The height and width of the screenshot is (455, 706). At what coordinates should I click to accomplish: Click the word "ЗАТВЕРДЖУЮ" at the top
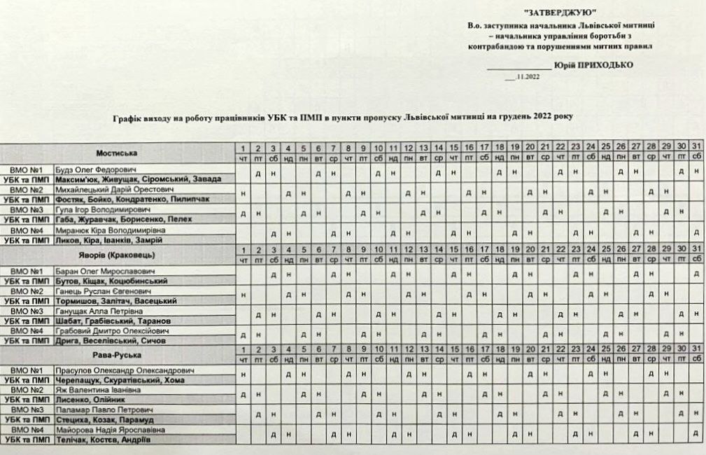[560, 13]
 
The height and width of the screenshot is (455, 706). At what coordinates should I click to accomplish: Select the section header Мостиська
[116, 153]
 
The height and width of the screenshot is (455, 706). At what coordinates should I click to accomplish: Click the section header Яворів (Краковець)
[116, 254]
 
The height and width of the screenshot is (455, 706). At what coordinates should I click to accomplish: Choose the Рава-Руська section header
[116, 354]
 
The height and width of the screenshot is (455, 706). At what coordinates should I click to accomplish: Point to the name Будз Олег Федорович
[92, 169]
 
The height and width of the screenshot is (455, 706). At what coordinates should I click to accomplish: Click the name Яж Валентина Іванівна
[91, 390]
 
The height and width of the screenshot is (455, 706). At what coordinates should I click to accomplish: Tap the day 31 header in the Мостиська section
[696, 148]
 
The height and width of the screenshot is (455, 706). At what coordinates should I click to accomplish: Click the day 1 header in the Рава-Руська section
[243, 349]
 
